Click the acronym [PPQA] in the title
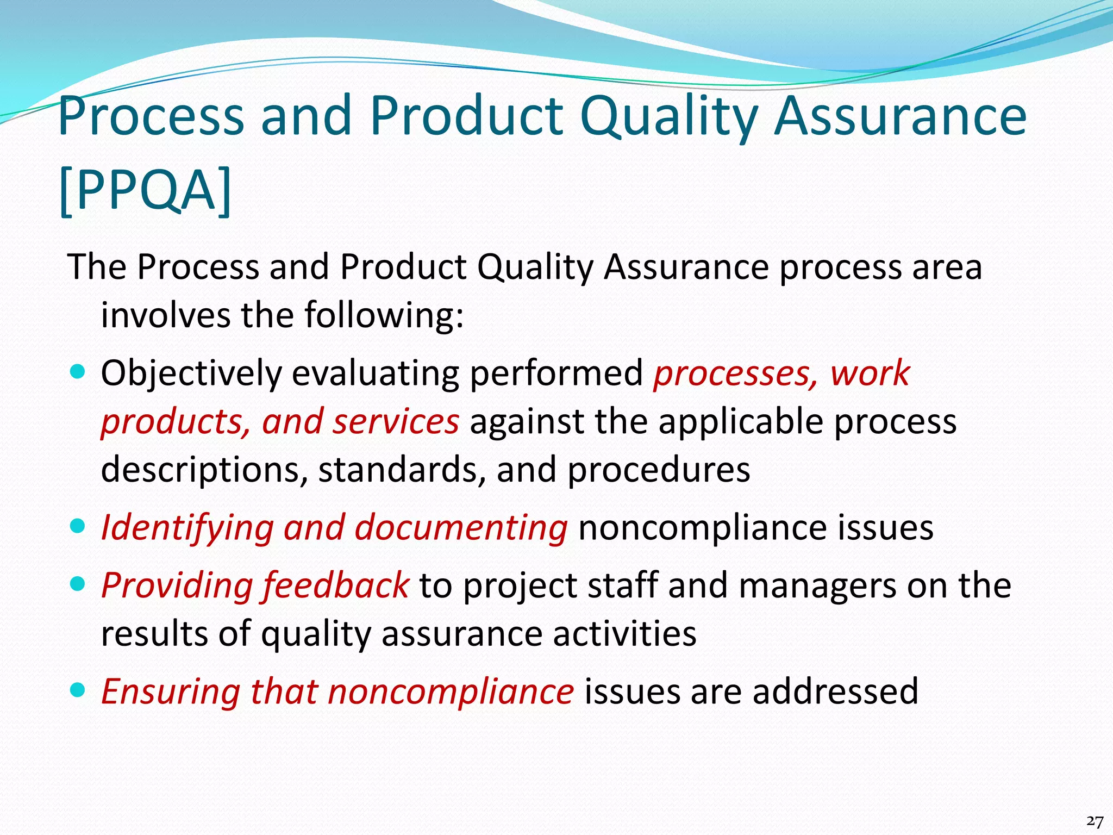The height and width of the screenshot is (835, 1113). [145, 190]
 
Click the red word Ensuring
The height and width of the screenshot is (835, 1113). [171, 691]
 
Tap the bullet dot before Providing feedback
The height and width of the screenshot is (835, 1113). [79, 584]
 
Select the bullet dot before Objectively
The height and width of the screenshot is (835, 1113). [79, 372]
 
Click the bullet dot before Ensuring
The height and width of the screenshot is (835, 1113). [79, 690]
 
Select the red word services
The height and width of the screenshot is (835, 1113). [396, 422]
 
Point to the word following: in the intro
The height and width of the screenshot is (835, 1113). [384, 315]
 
